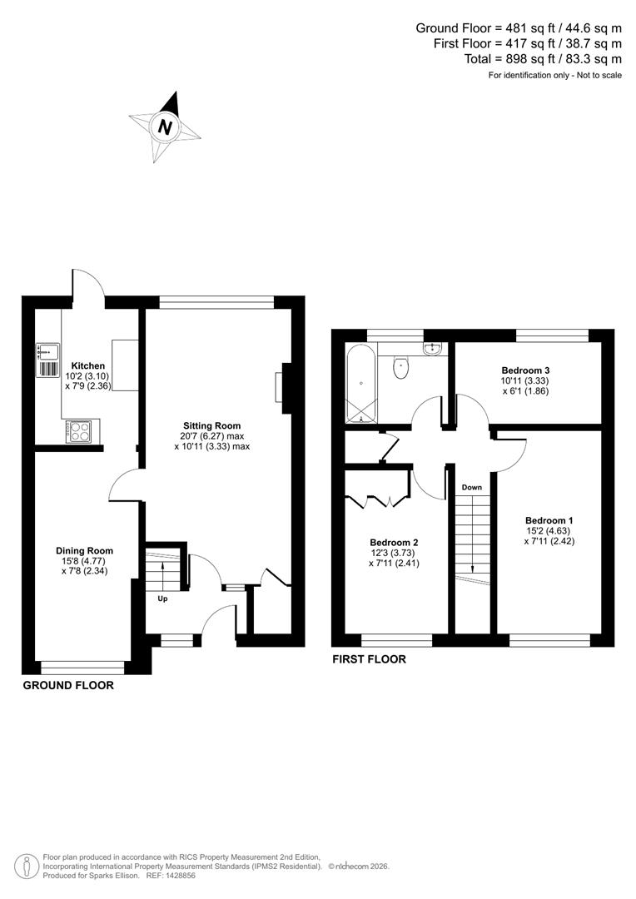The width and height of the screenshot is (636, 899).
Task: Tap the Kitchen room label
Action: [87, 365]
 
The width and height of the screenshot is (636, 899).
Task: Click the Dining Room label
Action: [84, 550]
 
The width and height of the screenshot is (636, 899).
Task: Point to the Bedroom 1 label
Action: [549, 520]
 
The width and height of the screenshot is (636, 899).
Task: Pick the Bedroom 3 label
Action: [525, 370]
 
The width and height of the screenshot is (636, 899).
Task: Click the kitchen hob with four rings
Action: [80, 431]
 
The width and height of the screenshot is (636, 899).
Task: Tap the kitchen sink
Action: [47, 360]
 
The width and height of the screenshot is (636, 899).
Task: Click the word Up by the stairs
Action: [162, 598]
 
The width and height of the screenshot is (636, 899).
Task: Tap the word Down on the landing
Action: [472, 487]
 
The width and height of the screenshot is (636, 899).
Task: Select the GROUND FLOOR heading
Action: [67, 686]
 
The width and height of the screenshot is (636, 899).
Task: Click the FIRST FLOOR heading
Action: [369, 659]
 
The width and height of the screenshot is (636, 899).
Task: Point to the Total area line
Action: [542, 58]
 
